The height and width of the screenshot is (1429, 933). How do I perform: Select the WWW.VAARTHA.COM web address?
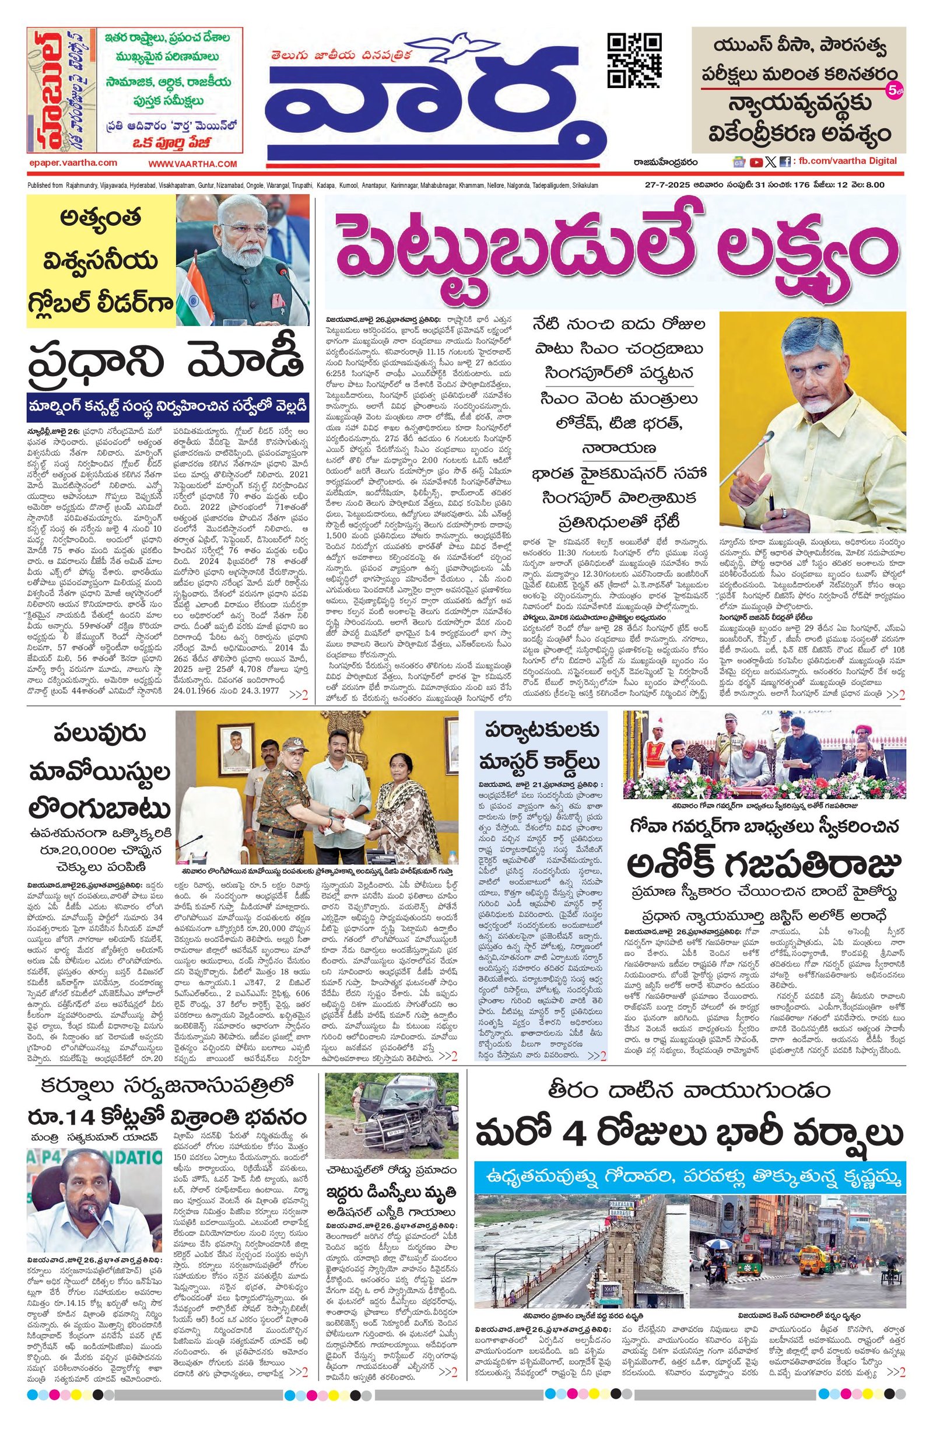[x=192, y=163]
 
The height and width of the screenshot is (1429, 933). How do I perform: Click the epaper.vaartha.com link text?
[x=72, y=163]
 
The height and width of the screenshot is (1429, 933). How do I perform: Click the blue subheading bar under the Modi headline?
[x=167, y=407]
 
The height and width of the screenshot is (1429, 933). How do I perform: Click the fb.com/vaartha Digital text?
[x=847, y=161]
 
